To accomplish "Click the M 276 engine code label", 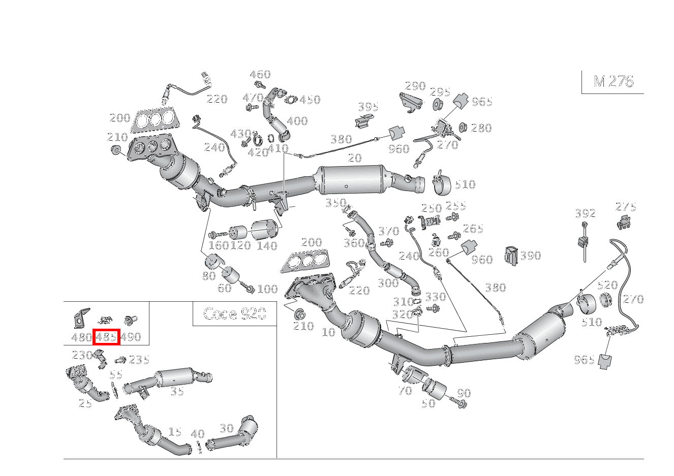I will (613, 81).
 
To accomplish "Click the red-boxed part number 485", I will (107, 337).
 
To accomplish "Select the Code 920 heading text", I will (234, 313).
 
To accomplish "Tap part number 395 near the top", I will (368, 107).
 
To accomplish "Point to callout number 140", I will (267, 246).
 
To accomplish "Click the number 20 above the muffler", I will (355, 158).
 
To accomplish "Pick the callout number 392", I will (585, 213).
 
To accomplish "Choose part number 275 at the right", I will (626, 207).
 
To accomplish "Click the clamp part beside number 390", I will (511, 256).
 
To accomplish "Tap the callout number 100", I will (267, 289).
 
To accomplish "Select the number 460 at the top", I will (260, 75).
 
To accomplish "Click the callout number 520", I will (607, 285).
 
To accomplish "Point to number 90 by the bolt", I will (464, 393).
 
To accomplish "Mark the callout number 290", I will (415, 85).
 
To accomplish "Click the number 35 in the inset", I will (177, 391).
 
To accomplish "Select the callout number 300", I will (388, 283).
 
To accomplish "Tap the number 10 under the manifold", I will (328, 332).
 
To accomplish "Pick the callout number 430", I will (241, 134).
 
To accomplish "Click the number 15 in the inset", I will (174, 432).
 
